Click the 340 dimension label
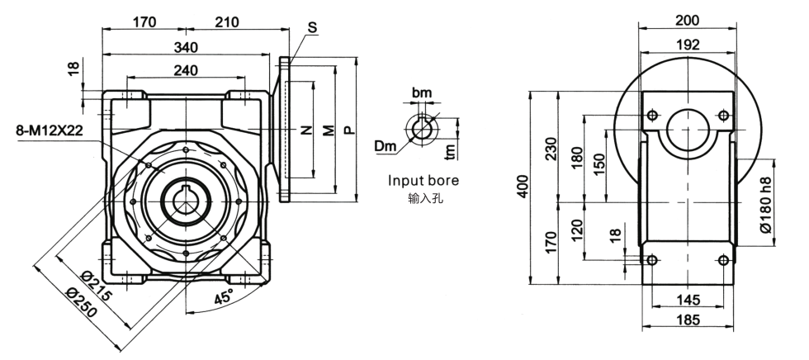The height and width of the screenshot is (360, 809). pyautogui.click(x=187, y=47)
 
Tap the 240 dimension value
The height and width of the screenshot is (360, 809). pyautogui.click(x=187, y=71)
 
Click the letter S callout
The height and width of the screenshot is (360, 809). pyautogui.click(x=311, y=27)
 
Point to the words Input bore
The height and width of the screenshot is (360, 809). pyautogui.click(x=423, y=180)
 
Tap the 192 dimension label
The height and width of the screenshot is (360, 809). pyautogui.click(x=688, y=44)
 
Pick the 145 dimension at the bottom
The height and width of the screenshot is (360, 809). pyautogui.click(x=688, y=299)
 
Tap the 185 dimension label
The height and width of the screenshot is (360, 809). pyautogui.click(x=688, y=320)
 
